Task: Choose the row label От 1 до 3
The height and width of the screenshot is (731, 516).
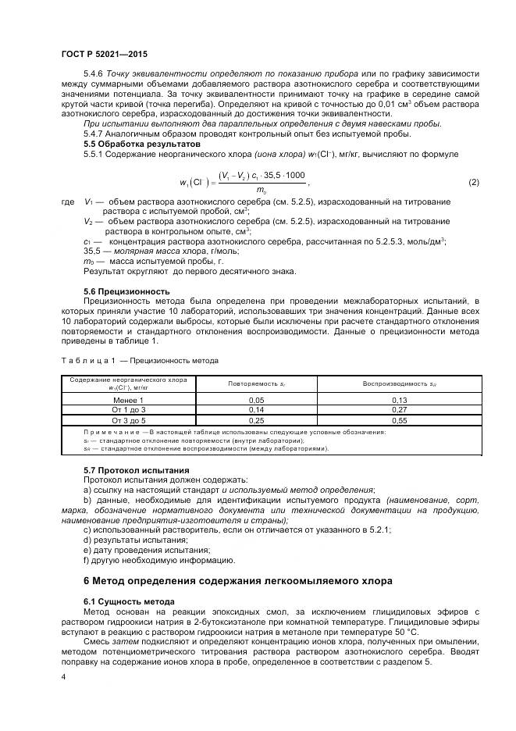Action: (x=129, y=409)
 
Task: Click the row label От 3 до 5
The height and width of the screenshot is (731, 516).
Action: (x=129, y=419)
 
